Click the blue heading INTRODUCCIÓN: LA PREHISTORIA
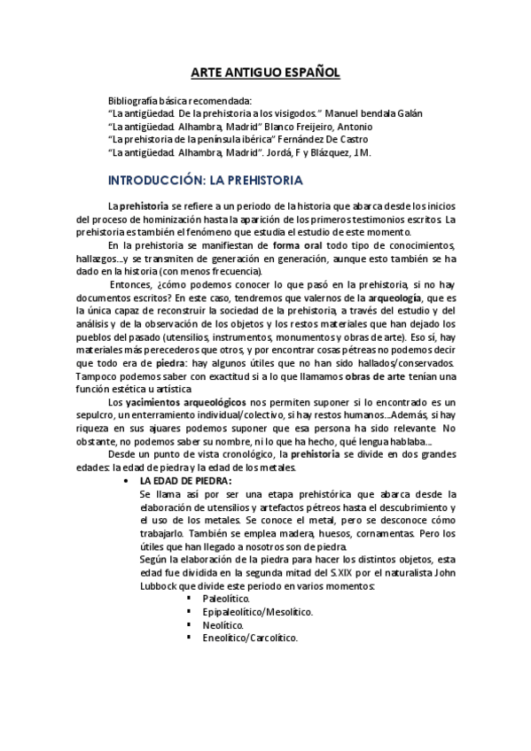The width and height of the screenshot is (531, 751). (206, 181)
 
